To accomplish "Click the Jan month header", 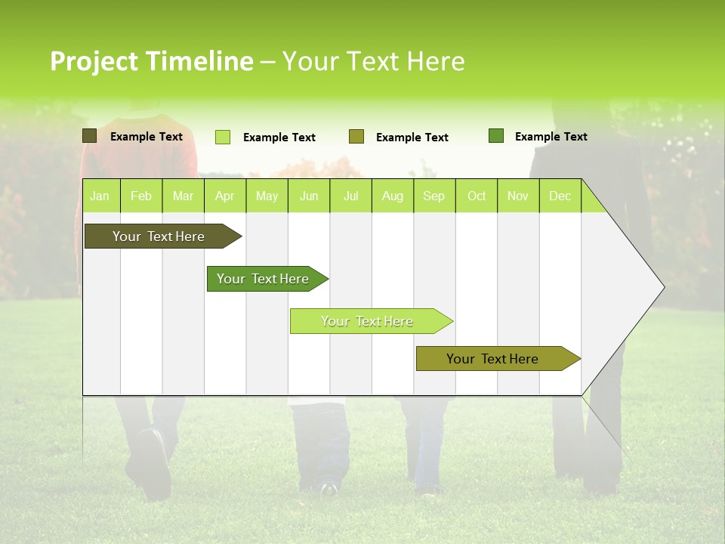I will click(x=100, y=196).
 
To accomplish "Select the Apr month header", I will click(x=225, y=196).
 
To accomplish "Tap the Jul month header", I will click(x=350, y=196).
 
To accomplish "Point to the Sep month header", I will click(x=434, y=196).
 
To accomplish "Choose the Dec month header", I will click(x=560, y=196).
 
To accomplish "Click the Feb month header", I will click(x=141, y=196).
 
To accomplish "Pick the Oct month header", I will click(x=477, y=196).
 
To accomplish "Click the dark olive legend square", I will click(x=90, y=136).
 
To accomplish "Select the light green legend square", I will click(x=223, y=137).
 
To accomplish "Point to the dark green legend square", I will click(x=496, y=136).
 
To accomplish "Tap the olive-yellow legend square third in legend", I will click(x=356, y=137).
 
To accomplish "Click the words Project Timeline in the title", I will click(x=151, y=61).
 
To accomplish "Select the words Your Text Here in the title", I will click(x=373, y=61).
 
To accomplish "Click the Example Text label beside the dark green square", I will click(x=551, y=137).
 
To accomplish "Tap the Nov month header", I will click(x=518, y=196).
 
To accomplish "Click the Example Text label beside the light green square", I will click(x=279, y=138).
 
